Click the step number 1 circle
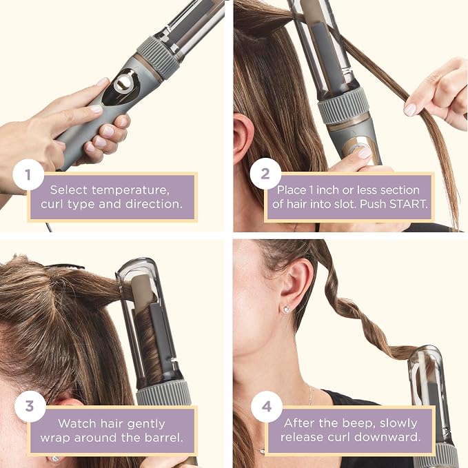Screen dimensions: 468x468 pyautogui.click(x=28, y=174)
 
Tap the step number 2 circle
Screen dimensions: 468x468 pyautogui.click(x=265, y=174)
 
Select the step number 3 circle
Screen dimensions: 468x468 pyautogui.click(x=30, y=407)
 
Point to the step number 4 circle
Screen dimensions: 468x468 pyautogui.click(x=267, y=407)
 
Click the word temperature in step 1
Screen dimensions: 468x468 pyautogui.click(x=130, y=190)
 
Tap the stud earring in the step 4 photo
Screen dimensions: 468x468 pyautogui.click(x=287, y=309)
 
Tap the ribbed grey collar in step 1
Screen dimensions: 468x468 pyautogui.click(x=159, y=57)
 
